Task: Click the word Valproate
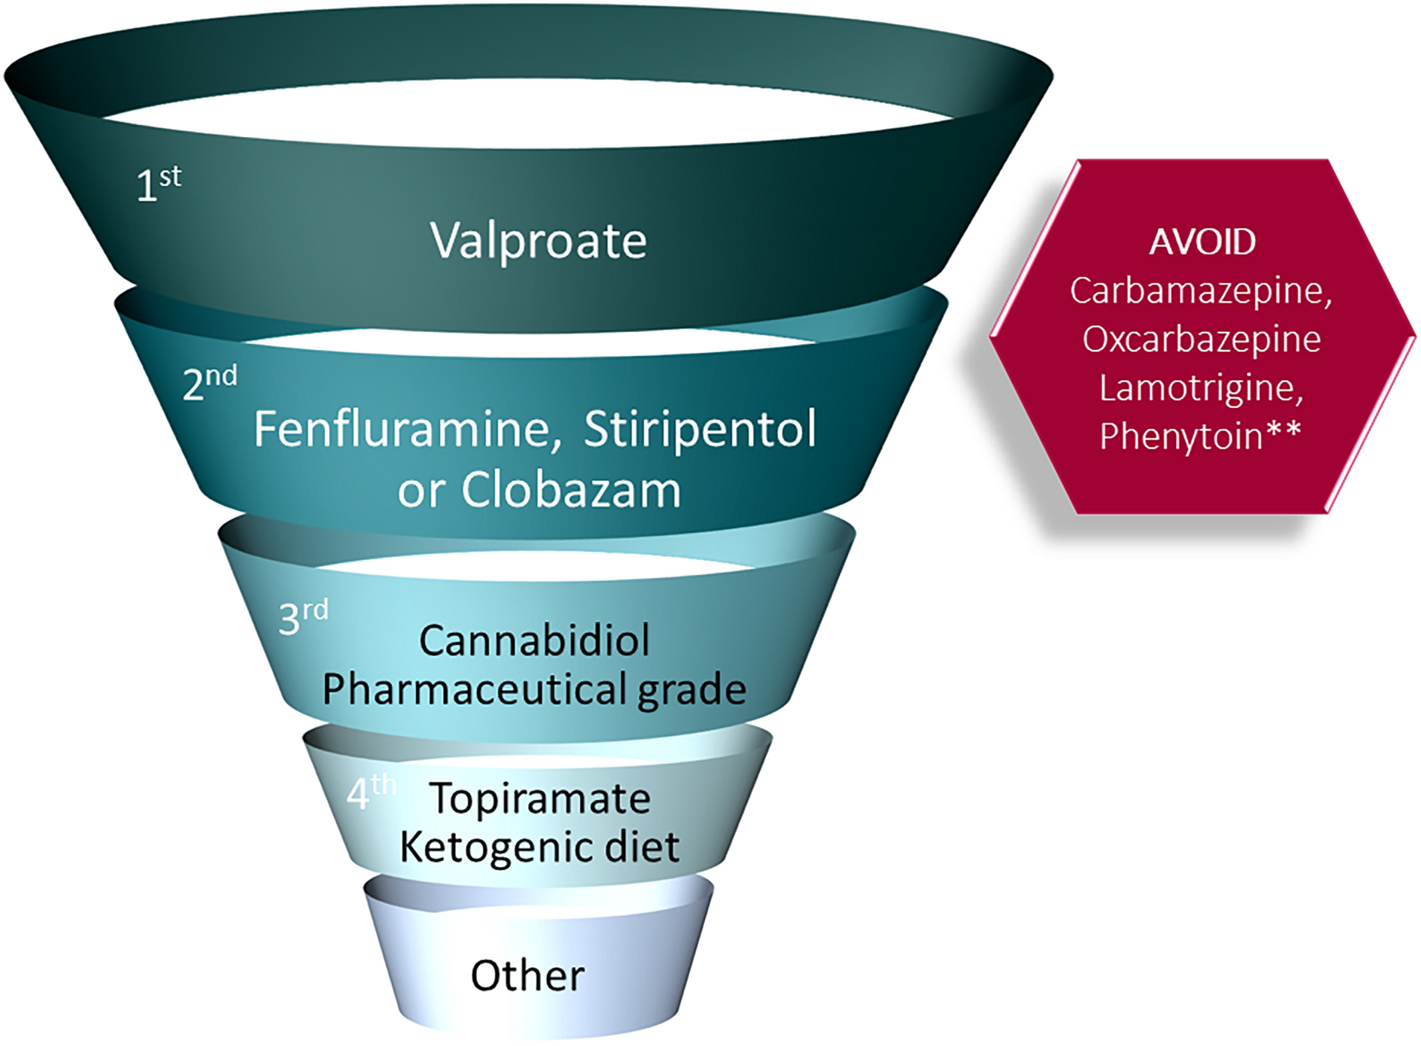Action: click(538, 240)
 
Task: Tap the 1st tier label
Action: click(158, 184)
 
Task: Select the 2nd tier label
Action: click(210, 383)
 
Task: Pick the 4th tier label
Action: click(371, 792)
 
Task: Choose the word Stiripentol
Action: click(700, 429)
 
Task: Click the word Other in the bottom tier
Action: click(528, 975)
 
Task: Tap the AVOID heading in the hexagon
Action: click(1202, 242)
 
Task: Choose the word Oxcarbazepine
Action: click(1201, 339)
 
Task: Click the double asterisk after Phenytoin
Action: click(1283, 431)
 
